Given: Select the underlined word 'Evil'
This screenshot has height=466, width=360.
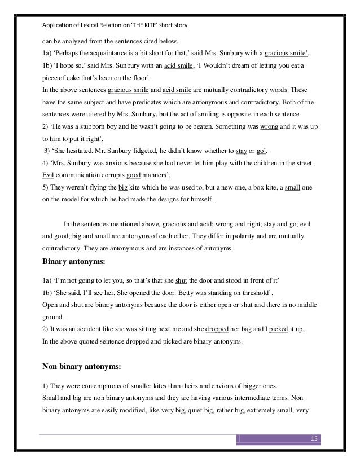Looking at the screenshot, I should click(50, 175).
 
